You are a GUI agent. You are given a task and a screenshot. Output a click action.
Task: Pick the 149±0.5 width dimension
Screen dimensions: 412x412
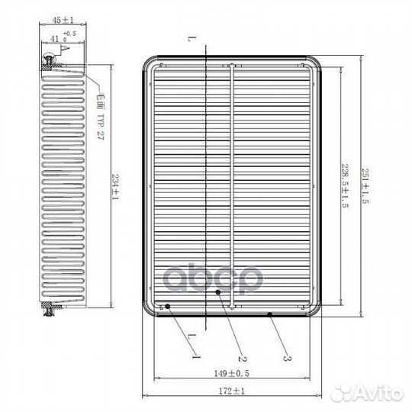[233, 375]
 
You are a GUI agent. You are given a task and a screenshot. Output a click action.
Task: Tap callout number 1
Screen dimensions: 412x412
[195, 356]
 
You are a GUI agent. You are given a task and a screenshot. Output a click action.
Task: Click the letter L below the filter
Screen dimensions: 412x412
[188, 336]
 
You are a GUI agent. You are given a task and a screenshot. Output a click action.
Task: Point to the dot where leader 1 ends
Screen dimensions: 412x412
[168, 307]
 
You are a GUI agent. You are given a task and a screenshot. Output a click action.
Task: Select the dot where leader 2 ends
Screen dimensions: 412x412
[218, 292]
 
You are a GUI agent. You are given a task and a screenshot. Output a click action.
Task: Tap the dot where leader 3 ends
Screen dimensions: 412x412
[270, 314]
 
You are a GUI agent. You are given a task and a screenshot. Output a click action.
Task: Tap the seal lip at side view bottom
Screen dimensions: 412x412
[50, 309]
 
